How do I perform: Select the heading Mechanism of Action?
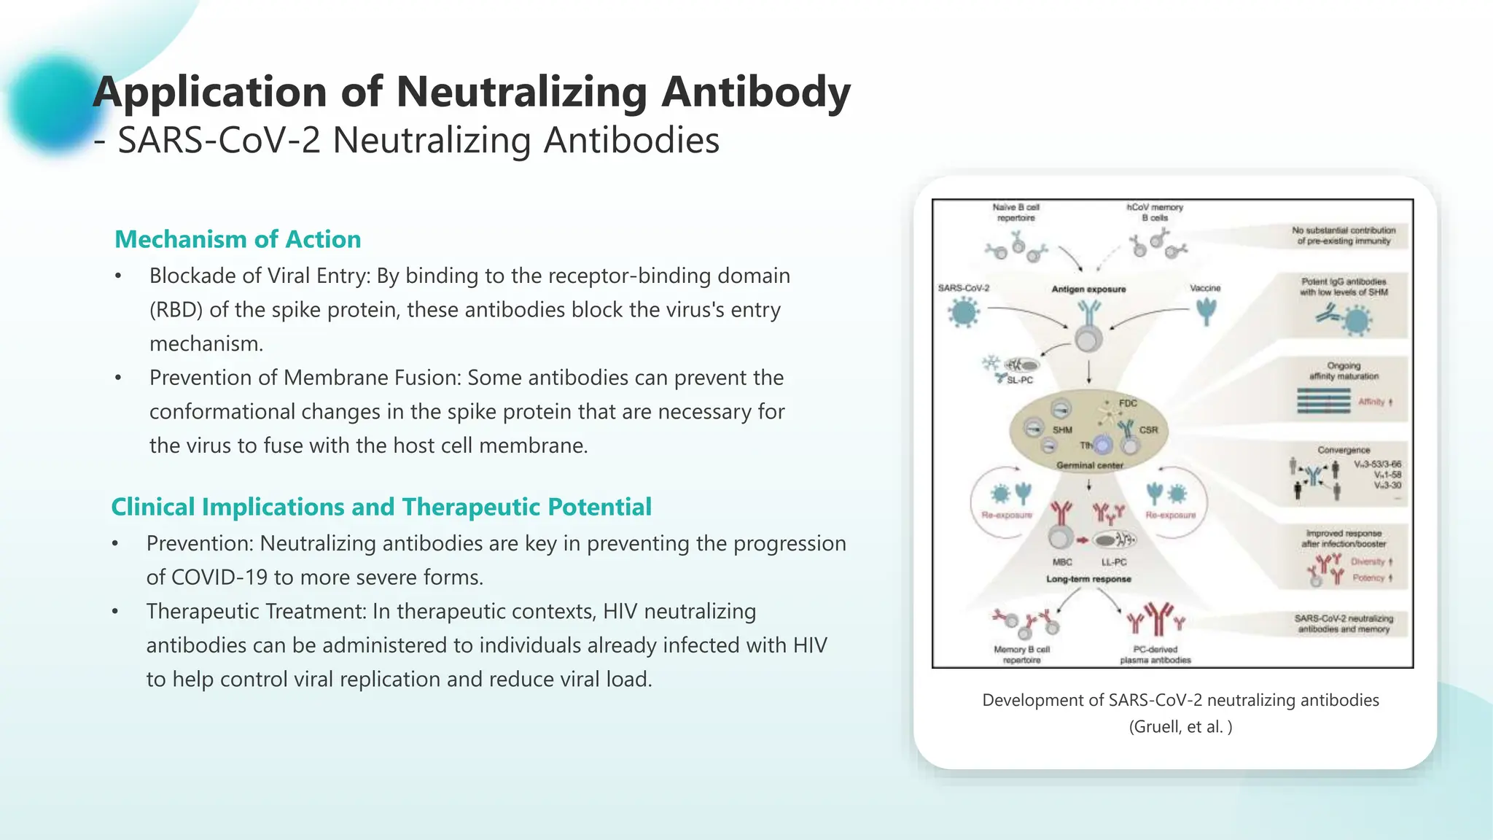point(238,239)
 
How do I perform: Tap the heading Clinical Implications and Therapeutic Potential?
point(381,507)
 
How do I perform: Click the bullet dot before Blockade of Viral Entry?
point(118,276)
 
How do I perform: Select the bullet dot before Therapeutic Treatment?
point(115,612)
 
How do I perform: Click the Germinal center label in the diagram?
point(1089,465)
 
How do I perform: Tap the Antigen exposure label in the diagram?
point(1088,289)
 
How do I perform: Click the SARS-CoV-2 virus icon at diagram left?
point(964,314)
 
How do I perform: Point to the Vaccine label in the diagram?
point(1204,288)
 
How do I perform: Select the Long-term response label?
point(1088,579)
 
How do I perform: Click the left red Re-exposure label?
point(1007,515)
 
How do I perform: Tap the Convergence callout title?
point(1343,450)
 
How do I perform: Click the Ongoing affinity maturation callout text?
point(1344,371)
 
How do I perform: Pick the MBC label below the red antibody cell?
point(1062,562)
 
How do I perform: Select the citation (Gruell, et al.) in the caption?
point(1180,727)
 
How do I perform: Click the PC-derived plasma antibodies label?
point(1155,654)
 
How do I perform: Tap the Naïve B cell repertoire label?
point(1016,212)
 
